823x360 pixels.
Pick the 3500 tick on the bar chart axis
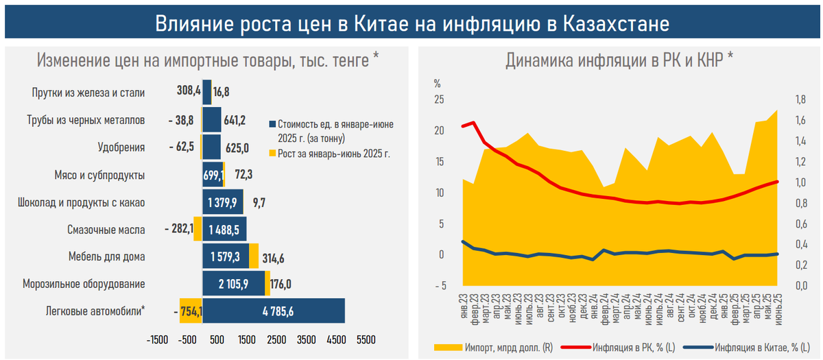tap(306, 339)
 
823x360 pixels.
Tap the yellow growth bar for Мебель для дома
tap(254, 256)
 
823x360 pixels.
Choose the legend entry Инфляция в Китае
tap(754, 347)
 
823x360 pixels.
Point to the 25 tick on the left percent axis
tap(439, 99)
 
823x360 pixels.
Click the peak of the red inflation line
tap(472, 123)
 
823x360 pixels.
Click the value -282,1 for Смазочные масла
tap(178, 229)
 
